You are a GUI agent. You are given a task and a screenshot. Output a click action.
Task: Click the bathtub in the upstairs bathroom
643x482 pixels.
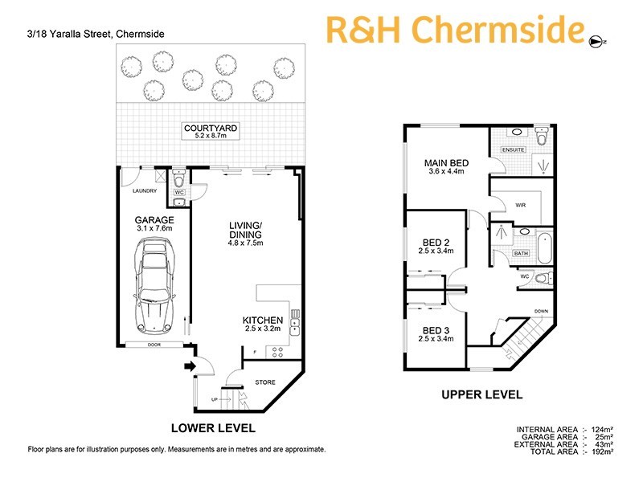pyautogui.click(x=545, y=247)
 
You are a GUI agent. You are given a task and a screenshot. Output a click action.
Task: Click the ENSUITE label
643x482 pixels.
pyautogui.click(x=514, y=149)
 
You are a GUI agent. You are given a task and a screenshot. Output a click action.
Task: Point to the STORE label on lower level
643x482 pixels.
pyautogui.click(x=264, y=382)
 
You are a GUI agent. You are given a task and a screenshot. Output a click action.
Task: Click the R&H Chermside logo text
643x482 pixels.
pyautogui.click(x=455, y=30)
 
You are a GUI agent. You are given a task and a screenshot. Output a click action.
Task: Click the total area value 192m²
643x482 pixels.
pyautogui.click(x=602, y=453)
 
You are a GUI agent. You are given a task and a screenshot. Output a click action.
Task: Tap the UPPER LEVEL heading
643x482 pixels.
pyautogui.click(x=481, y=394)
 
